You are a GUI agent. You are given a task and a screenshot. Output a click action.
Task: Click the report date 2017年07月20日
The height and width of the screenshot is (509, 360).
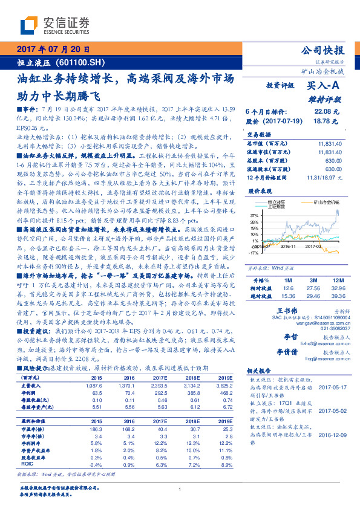pyautogui.click(x=53, y=50)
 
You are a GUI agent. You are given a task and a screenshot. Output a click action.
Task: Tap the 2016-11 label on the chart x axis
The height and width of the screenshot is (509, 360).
pyautogui.click(x=288, y=246)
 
